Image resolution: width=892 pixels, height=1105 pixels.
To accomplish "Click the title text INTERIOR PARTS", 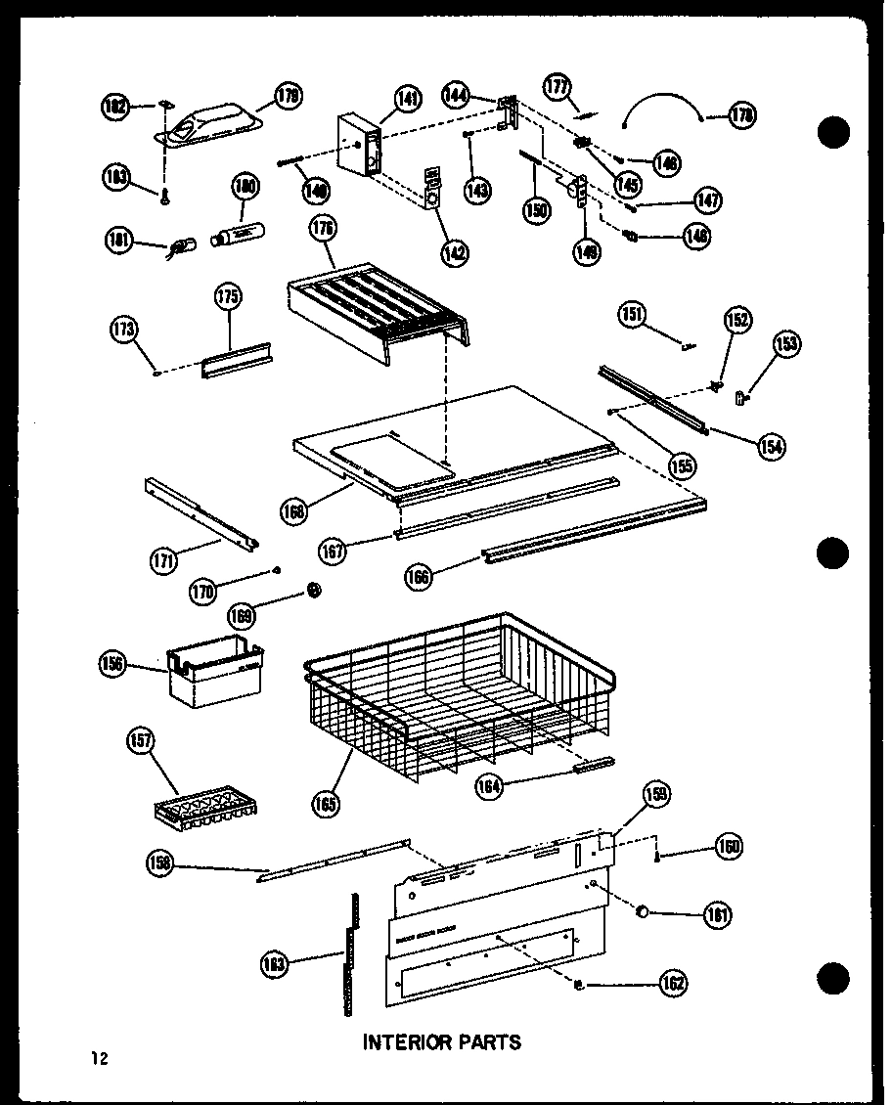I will point(442,1041).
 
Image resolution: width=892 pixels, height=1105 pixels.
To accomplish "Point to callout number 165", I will point(327,804).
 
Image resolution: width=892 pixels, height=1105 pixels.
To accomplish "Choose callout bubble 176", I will point(323,231).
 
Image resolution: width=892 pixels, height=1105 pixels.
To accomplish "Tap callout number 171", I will point(164,560).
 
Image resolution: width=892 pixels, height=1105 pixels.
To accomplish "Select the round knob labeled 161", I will point(643,912).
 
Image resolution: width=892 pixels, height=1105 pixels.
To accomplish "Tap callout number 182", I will point(115,107).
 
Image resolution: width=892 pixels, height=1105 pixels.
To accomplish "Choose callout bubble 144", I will point(456,95).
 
